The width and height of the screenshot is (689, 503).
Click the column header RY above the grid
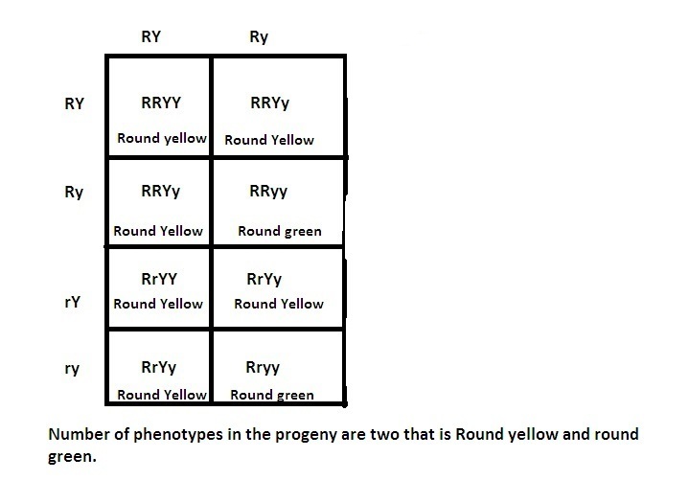pyautogui.click(x=150, y=37)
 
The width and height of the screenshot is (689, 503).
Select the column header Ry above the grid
pyautogui.click(x=259, y=37)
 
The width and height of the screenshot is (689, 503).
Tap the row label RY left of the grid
pyautogui.click(x=74, y=103)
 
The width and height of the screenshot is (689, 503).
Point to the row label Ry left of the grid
pyautogui.click(x=74, y=193)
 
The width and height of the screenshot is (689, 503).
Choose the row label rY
pyautogui.click(x=71, y=302)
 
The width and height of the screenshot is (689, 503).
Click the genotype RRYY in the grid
pyautogui.click(x=160, y=102)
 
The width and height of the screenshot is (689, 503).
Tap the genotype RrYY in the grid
pyautogui.click(x=159, y=279)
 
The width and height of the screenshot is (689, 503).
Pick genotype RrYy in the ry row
pyautogui.click(x=159, y=367)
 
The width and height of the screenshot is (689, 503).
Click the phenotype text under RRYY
pyautogui.click(x=161, y=138)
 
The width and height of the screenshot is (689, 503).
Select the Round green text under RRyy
pyautogui.click(x=280, y=231)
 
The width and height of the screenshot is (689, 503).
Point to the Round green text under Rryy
pyautogui.click(x=272, y=395)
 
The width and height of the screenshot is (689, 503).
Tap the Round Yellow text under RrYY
pyautogui.click(x=158, y=304)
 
